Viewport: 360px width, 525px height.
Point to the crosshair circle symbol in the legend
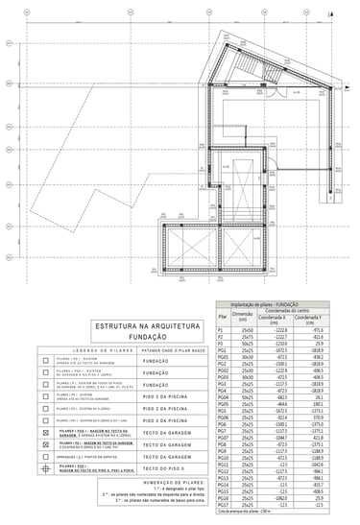point(45,469)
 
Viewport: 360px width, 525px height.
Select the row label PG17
point(223,506)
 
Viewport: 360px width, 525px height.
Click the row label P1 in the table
point(222,329)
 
